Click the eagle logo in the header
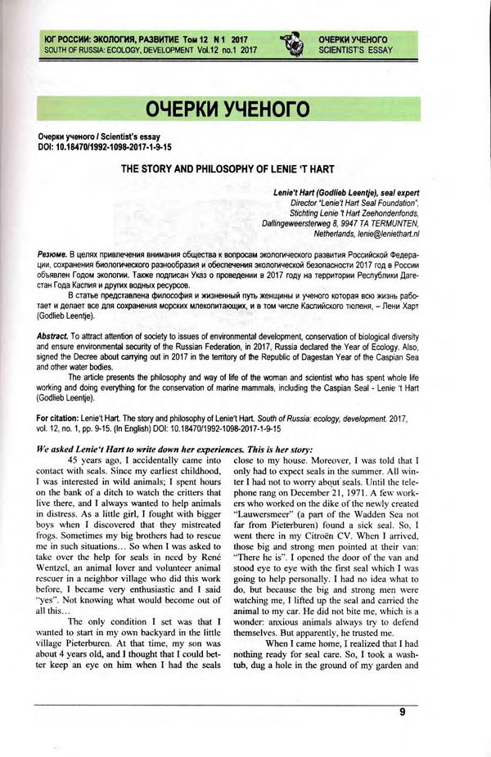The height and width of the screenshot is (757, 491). [291, 44]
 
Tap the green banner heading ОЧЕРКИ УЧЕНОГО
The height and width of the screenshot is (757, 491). [228, 109]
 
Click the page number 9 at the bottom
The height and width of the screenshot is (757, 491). [403, 712]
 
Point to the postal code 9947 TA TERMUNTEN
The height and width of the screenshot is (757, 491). [370, 223]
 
